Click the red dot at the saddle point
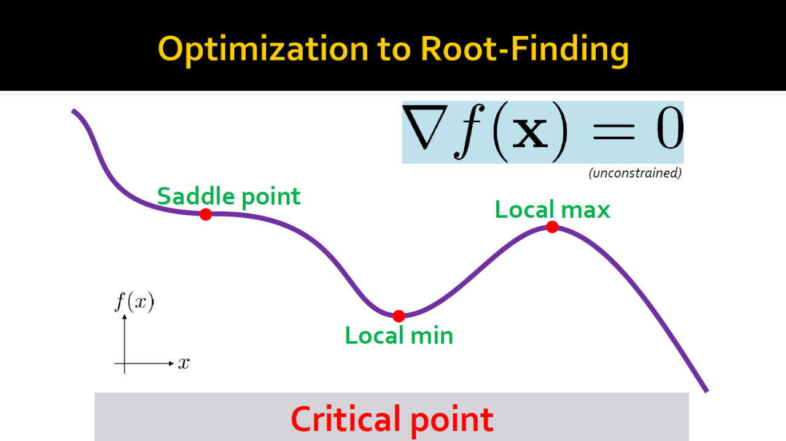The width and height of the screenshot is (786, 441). click(x=206, y=214)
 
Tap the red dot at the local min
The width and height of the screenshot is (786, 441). click(x=399, y=316)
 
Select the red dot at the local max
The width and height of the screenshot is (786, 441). click(x=552, y=227)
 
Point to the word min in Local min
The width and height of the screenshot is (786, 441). click(x=432, y=336)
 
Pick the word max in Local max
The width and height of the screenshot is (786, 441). click(x=586, y=210)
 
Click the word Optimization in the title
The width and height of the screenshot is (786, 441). click(x=263, y=50)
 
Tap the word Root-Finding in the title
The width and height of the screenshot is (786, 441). click(x=524, y=50)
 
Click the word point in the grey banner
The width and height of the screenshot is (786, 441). click(x=452, y=421)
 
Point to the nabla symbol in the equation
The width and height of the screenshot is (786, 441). click(x=425, y=127)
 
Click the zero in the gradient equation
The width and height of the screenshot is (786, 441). click(x=670, y=128)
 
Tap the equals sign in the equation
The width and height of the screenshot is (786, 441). click(x=613, y=132)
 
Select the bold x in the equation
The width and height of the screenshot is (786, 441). click(x=530, y=133)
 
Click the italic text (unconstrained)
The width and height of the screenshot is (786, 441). click(x=635, y=173)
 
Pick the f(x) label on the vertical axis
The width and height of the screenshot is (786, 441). click(x=134, y=302)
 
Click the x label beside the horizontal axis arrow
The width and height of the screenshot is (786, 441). click(x=184, y=363)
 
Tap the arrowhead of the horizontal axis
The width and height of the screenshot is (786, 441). click(x=171, y=364)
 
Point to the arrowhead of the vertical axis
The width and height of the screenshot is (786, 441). click(x=125, y=317)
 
